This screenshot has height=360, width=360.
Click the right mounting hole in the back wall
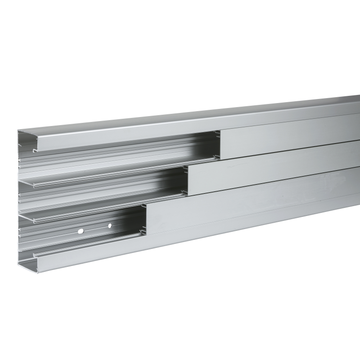tap(110, 225)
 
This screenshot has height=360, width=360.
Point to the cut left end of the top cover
tap(220, 144)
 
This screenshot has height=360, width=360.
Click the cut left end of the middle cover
tap(188, 180)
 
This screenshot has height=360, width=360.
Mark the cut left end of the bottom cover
tap(147, 219)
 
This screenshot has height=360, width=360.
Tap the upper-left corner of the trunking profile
tap(19, 132)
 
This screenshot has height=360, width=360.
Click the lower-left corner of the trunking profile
tap(20, 270)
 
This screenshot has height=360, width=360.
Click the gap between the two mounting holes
tap(95, 228)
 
